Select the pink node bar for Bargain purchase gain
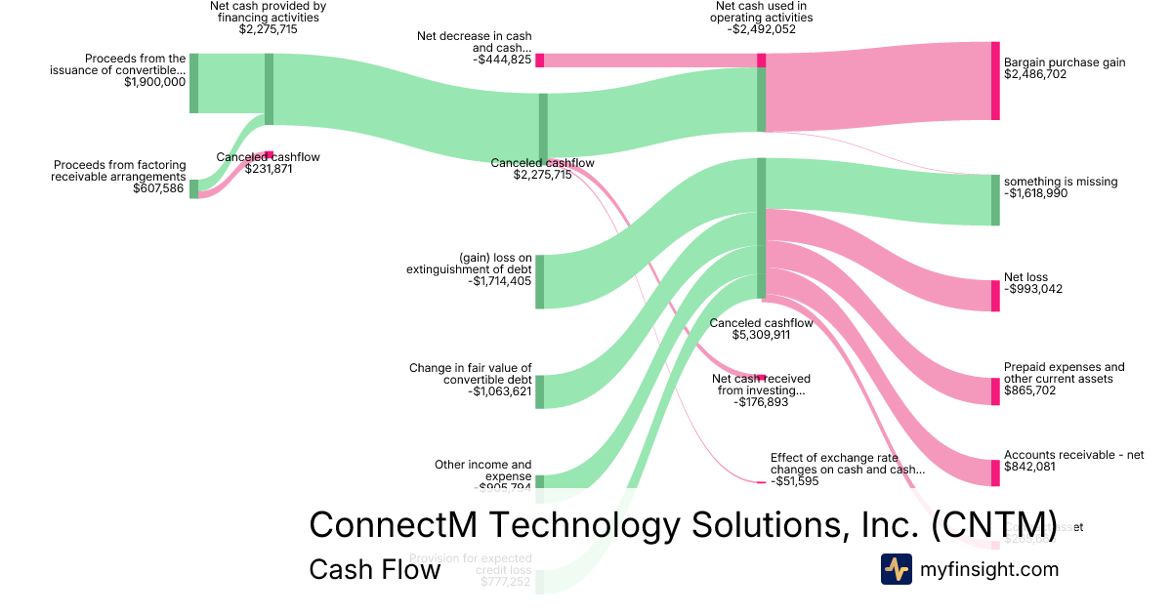(995, 81)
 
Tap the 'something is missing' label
(1061, 182)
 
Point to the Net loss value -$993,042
(1033, 289)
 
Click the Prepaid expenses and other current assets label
(1064, 373)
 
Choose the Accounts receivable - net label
(1073, 455)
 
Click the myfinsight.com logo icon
(896, 569)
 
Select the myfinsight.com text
(989, 569)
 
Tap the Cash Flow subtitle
(374, 569)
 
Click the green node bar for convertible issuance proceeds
(193, 83)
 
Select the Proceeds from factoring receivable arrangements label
(119, 171)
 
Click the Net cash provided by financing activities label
(268, 12)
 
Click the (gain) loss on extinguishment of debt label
(469, 264)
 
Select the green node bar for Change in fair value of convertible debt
(539, 391)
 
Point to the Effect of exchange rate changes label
(847, 463)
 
